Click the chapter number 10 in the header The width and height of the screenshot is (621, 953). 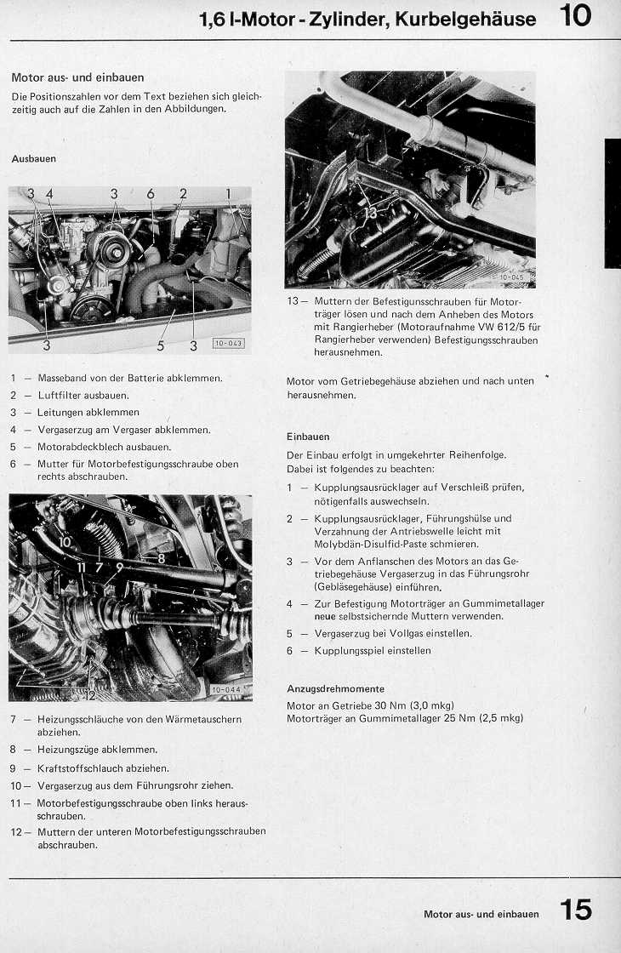tap(576, 16)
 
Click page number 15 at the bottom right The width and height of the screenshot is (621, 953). tap(576, 910)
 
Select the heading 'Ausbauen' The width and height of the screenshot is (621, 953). tap(34, 158)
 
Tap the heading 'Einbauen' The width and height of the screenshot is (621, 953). tap(308, 437)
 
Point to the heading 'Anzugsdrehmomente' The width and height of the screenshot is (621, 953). tap(335, 688)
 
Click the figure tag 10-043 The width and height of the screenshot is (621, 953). tap(228, 344)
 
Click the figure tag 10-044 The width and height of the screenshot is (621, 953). tap(225, 689)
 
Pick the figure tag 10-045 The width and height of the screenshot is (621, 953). tap(513, 277)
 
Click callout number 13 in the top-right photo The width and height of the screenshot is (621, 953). tap(370, 214)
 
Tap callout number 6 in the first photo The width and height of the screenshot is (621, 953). tap(151, 194)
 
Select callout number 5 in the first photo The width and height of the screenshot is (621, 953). tap(159, 345)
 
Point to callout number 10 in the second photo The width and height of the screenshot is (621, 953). tap(66, 542)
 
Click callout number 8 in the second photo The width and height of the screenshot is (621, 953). tap(160, 558)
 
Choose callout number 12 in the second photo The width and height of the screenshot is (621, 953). tap(91, 695)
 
